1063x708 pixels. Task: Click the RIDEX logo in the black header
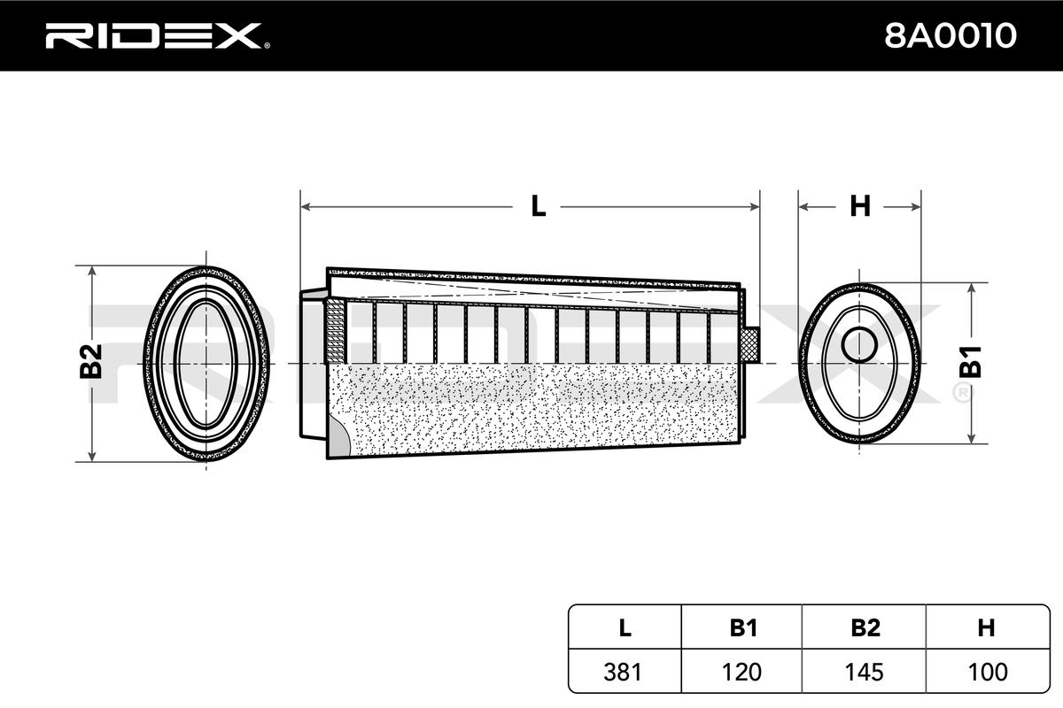click(158, 35)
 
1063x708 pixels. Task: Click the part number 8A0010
click(950, 35)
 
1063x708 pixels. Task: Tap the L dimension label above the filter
click(538, 206)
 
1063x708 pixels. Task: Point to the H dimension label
click(860, 206)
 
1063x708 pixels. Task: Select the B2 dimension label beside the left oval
click(91, 361)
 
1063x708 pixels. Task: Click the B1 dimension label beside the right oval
click(971, 362)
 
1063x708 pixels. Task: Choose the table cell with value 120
click(741, 672)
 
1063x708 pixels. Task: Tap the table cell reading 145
click(865, 672)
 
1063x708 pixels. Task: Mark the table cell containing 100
click(988, 672)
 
